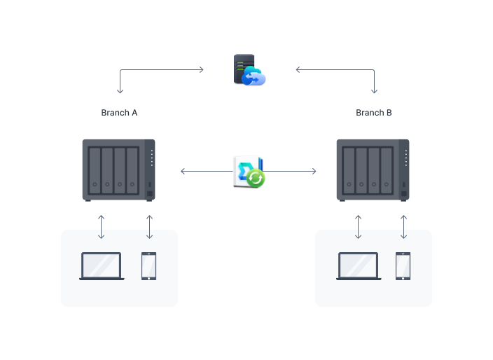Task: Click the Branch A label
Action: pyautogui.click(x=119, y=113)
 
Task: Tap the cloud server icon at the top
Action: pyautogui.click(x=249, y=70)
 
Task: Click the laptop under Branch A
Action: pyautogui.click(x=102, y=266)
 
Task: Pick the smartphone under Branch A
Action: pyautogui.click(x=148, y=266)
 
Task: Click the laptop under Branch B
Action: pyautogui.click(x=359, y=266)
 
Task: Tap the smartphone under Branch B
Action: pyautogui.click(x=403, y=266)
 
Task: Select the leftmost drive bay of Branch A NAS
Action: pyautogui.click(x=95, y=170)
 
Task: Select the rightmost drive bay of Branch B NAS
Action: pyautogui.click(x=387, y=170)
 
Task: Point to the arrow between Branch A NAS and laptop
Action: pyautogui.click(x=102, y=226)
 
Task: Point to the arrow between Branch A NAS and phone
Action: pyautogui.click(x=149, y=226)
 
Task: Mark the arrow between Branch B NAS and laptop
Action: pyautogui.click(x=359, y=226)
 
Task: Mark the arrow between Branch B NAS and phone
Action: pyautogui.click(x=403, y=226)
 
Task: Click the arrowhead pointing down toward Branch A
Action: pyautogui.click(x=120, y=91)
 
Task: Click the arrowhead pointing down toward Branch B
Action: pyautogui.click(x=374, y=91)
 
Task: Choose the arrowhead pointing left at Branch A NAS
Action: pyautogui.click(x=182, y=171)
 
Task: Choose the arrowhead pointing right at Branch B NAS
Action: pyautogui.click(x=314, y=171)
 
